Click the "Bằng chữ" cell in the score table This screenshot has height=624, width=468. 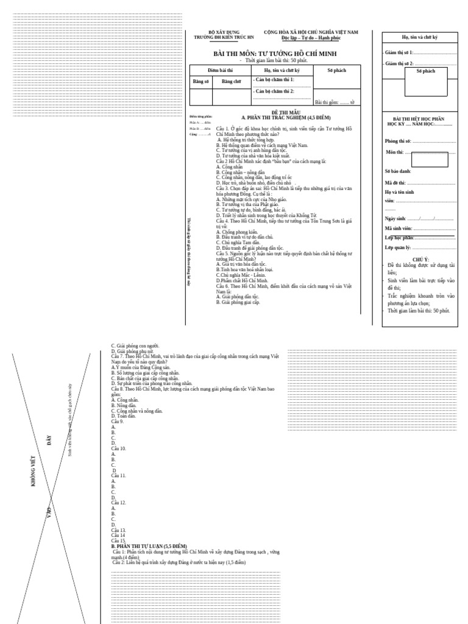pyautogui.click(x=232, y=81)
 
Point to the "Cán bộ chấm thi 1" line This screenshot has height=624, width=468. pyautogui.click(x=274, y=80)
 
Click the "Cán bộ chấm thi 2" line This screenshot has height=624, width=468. pyautogui.click(x=274, y=91)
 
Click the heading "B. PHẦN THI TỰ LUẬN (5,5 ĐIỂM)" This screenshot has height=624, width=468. pyautogui.click(x=149, y=545)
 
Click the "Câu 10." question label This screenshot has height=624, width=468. pyautogui.click(x=119, y=448)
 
